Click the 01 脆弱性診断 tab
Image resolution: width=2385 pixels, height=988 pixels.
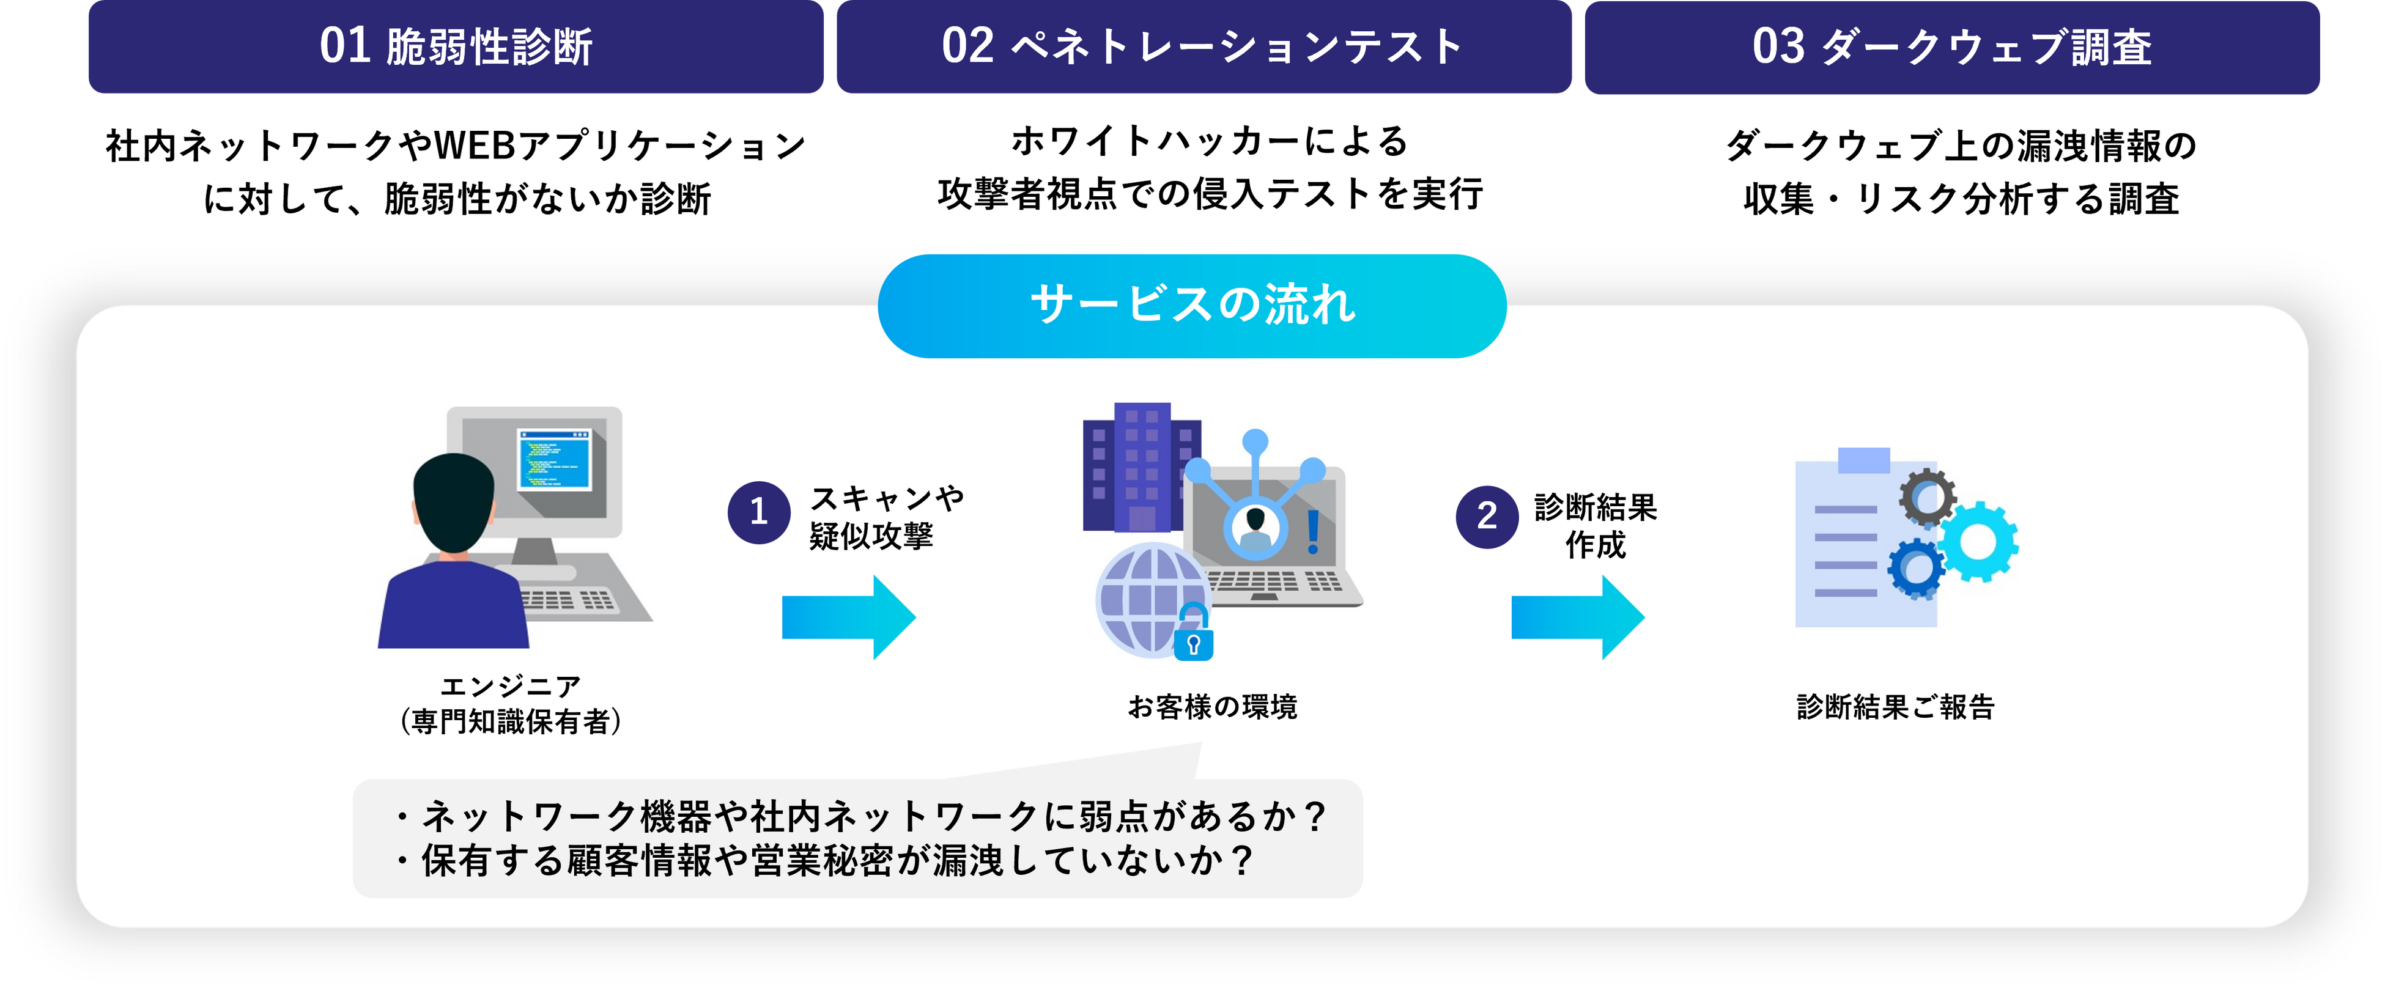click(456, 46)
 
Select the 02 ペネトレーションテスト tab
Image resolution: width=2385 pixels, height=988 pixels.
click(1203, 46)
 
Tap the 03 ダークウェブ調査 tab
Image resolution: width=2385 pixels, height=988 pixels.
click(1951, 46)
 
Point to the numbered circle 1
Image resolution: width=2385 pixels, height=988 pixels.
click(758, 512)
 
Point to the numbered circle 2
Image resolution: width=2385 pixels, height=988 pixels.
click(1486, 517)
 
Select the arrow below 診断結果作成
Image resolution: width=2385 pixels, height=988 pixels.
click(1577, 617)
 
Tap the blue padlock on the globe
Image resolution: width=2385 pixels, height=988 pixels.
click(1194, 639)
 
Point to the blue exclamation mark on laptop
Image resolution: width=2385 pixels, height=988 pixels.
click(1313, 531)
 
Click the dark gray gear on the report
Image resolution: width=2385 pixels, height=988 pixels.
click(1927, 497)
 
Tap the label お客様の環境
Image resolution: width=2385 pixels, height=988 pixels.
click(1212, 707)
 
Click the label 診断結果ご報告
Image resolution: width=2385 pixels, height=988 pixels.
click(1895, 707)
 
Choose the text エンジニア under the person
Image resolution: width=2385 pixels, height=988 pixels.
click(510, 686)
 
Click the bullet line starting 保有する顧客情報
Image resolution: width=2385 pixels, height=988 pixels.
click(837, 860)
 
